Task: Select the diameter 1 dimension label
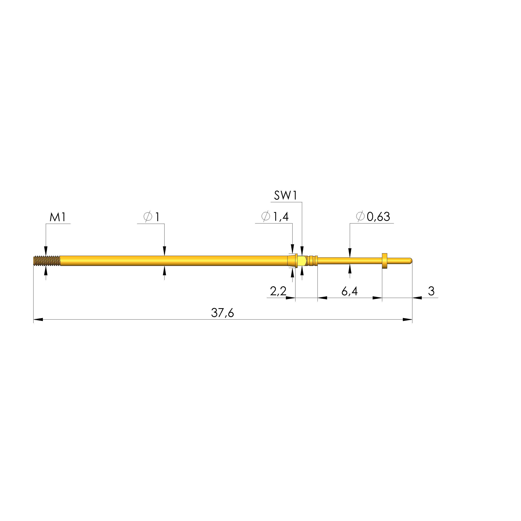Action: tap(151, 217)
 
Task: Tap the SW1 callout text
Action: tap(286, 196)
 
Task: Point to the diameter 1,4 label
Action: tap(275, 217)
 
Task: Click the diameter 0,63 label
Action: tap(373, 217)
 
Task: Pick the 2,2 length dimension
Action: tap(278, 291)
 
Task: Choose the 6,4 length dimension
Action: tap(350, 291)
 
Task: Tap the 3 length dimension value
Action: tap(431, 291)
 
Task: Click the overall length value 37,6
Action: tap(222, 313)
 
